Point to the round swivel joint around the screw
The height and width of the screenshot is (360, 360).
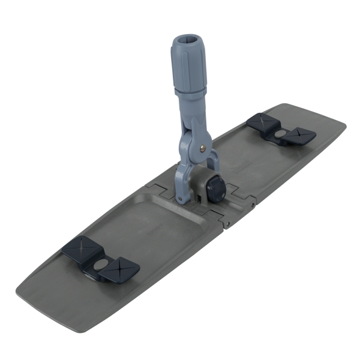pyautogui.click(x=200, y=146)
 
